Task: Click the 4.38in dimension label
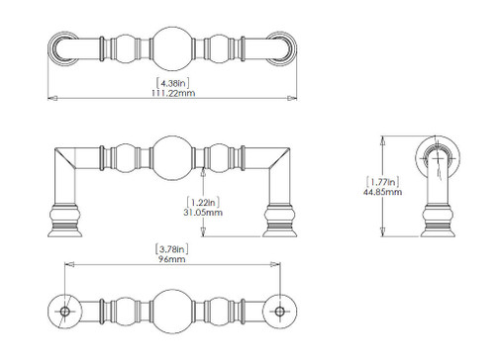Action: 173,83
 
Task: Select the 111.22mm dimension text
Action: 173,93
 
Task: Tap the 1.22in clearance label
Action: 203,202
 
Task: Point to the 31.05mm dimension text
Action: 203,213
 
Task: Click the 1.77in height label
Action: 382,182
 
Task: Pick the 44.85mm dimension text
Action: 382,192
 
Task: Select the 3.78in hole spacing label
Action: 172,249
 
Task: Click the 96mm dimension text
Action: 172,259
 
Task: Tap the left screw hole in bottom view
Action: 64,312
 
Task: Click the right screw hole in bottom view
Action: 280,312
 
